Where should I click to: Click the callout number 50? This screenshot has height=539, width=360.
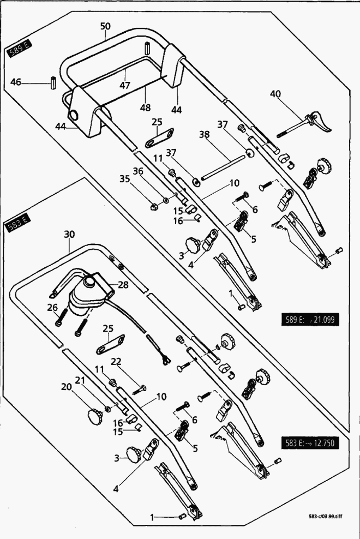pos(105,26)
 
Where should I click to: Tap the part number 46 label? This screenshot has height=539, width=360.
pos(16,82)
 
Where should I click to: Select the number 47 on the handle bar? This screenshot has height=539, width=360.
pos(125,86)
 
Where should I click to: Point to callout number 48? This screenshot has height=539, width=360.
pos(145,107)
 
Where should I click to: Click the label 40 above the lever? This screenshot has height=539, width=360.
pos(276,94)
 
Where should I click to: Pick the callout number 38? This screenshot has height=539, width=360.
pos(204,134)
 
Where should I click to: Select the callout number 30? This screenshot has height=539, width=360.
pos(69,235)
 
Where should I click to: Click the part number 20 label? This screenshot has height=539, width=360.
pos(67,386)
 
